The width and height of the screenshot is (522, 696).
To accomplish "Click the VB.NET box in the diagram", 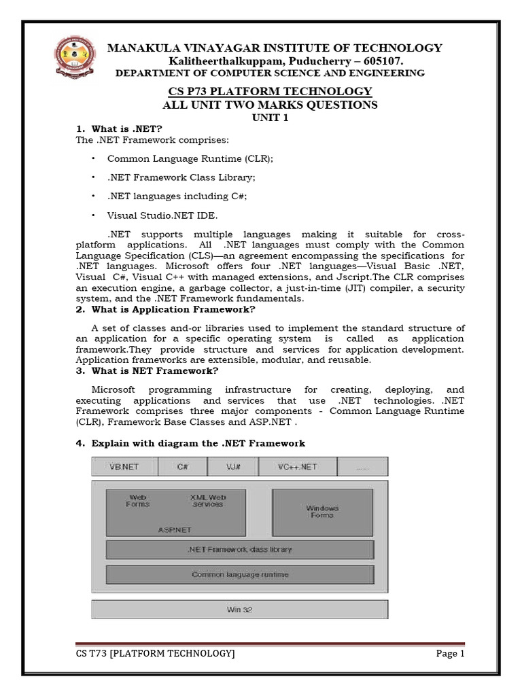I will (x=124, y=467).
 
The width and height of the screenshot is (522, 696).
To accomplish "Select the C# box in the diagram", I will (x=183, y=467).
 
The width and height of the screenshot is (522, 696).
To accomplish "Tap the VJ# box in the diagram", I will (x=233, y=467).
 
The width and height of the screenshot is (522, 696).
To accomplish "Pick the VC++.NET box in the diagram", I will (x=297, y=467).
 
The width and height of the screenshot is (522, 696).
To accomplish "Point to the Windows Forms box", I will (x=322, y=512).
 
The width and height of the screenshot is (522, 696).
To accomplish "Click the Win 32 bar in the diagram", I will (x=239, y=610).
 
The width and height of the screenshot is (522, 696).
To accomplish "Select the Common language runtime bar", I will (x=239, y=574).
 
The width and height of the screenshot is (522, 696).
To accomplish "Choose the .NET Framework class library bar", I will (x=239, y=549).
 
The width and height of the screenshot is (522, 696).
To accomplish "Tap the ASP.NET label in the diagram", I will (x=175, y=529).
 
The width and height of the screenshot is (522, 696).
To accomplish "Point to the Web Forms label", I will (x=138, y=501).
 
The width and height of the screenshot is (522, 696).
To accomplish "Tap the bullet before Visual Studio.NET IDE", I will (x=93, y=215).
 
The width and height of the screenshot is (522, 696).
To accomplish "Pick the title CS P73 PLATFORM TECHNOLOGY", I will (x=270, y=91).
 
